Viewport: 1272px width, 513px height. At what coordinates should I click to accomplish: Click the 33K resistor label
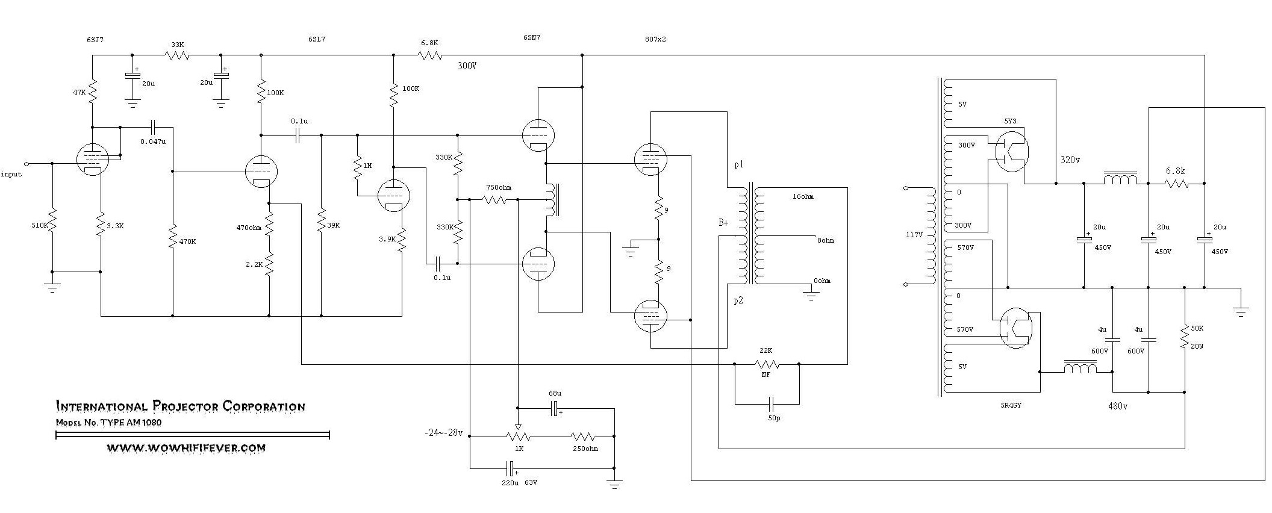(x=177, y=45)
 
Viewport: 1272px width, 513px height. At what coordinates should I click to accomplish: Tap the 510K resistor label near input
(x=39, y=225)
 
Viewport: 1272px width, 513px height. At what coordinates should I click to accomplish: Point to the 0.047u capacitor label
(x=152, y=141)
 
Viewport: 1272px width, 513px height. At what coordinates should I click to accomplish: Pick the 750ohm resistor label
(x=498, y=187)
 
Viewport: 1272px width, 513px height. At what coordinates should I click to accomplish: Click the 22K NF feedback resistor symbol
(x=766, y=364)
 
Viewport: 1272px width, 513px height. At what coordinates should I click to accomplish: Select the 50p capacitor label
(x=774, y=418)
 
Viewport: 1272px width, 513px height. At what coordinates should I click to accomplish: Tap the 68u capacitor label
(x=555, y=393)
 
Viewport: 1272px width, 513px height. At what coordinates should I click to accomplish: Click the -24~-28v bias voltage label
(x=443, y=433)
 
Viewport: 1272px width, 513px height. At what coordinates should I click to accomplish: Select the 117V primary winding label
(x=914, y=235)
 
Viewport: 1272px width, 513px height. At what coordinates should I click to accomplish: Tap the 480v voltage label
(x=1117, y=406)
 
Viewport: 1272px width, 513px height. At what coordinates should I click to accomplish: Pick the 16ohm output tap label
(x=803, y=196)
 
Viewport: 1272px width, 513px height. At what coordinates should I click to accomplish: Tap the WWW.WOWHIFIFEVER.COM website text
(x=186, y=448)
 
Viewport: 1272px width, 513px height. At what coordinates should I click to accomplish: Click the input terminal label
(x=11, y=174)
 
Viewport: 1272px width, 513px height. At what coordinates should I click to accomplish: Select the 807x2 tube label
(x=655, y=39)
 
